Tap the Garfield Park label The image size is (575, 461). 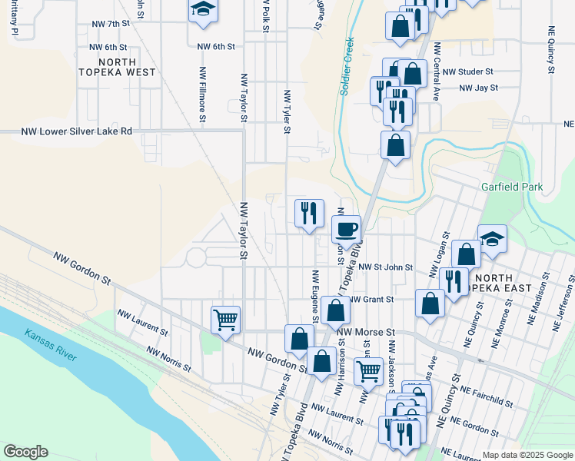pos(512,187)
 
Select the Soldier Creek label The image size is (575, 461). pos(347,67)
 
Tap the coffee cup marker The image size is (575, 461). pos(347,228)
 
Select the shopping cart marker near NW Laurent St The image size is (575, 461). pos(225,319)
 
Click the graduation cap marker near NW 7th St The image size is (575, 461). pos(203,11)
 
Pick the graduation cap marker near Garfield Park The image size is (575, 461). pos(492,238)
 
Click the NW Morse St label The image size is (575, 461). pos(366,332)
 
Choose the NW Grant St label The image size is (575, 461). pos(371,299)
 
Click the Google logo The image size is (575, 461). pos(25,452)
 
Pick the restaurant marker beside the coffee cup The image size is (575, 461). pos(310,213)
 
